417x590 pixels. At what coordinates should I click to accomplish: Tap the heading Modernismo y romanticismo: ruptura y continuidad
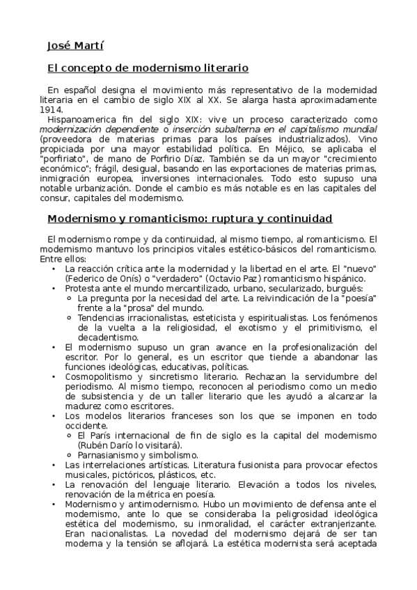(189, 218)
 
